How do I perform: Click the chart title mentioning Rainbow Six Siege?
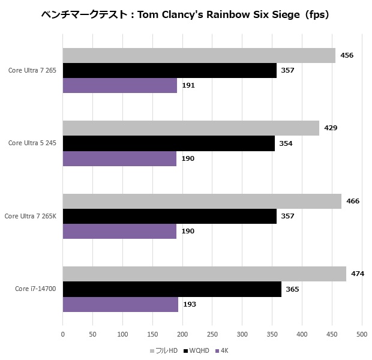(x=185, y=14)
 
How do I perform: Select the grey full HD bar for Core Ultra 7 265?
(x=199, y=55)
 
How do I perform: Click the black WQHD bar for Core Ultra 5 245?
(x=169, y=143)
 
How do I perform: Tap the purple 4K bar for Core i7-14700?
(x=121, y=304)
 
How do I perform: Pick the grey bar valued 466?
(x=202, y=201)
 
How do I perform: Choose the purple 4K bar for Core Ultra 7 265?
(x=120, y=85)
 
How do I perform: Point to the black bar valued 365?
(x=172, y=289)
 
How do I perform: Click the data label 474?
(x=358, y=274)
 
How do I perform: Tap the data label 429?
(x=330, y=128)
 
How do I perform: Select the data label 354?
(x=286, y=143)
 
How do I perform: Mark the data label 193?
(x=189, y=304)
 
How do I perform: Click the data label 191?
(x=188, y=85)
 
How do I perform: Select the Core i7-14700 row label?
(x=35, y=289)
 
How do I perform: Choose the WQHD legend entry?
(x=197, y=350)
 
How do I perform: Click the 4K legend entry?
(x=224, y=350)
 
